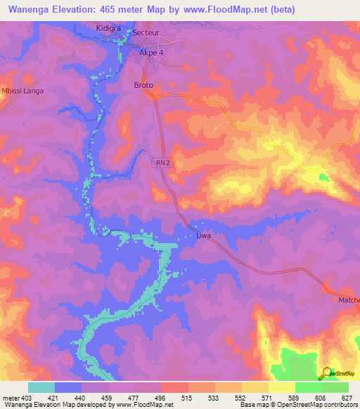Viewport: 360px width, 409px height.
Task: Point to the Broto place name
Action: [143, 86]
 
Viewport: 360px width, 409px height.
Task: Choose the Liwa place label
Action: [204, 236]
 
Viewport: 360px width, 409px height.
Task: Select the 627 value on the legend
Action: [347, 397]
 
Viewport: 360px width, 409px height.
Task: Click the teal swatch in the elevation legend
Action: [41, 387]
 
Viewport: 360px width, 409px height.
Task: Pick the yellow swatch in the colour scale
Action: [281, 387]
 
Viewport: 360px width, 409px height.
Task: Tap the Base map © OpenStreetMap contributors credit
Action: [297, 405]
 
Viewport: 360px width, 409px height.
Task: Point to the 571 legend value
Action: [268, 397]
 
